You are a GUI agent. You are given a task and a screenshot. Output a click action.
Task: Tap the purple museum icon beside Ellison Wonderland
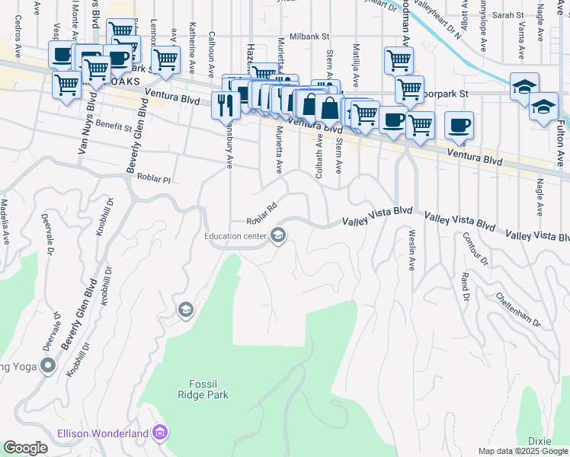(159, 433)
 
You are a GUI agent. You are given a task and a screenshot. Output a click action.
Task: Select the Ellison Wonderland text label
(103, 433)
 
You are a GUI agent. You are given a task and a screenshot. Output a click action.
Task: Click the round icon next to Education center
(278, 236)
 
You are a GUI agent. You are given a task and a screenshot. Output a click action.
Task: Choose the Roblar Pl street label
(155, 177)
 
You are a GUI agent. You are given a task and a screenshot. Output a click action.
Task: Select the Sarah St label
(508, 14)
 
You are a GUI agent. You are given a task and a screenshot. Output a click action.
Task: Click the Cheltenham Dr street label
(518, 309)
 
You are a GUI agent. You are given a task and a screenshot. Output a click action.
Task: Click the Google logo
(25, 448)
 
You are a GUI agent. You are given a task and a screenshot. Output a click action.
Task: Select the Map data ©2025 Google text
(523, 451)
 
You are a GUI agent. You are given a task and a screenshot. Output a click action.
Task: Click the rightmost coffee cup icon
(459, 125)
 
